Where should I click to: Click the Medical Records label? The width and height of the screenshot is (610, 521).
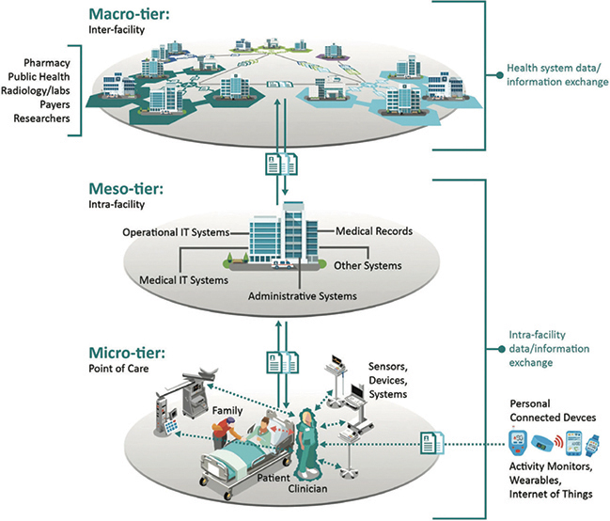369,231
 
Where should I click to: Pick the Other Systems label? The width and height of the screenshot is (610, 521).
368,266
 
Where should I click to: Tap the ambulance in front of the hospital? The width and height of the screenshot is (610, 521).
280,267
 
